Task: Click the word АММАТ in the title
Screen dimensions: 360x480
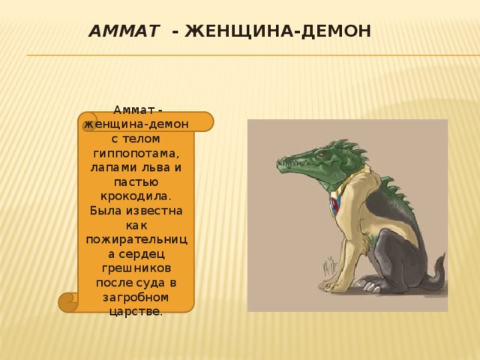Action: [x=123, y=31]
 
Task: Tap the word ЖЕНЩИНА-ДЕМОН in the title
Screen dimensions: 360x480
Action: [x=278, y=31]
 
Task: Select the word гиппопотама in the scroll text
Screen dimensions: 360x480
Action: [x=136, y=152]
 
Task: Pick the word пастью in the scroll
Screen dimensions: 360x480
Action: [x=136, y=181]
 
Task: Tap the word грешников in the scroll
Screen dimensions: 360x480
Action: [x=136, y=268]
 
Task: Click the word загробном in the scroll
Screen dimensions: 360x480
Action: [x=136, y=296]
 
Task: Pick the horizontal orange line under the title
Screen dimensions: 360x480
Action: [x=247, y=55]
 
